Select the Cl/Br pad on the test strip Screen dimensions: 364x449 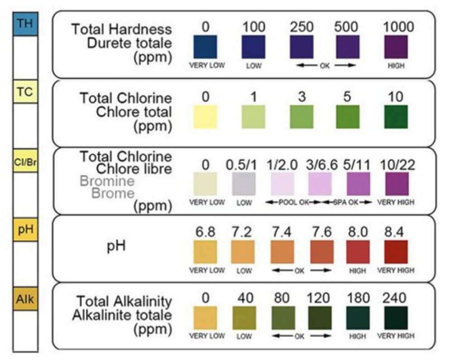click(25, 161)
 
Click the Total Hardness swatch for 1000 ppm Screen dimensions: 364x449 click(396, 47)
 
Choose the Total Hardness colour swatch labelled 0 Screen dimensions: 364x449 click(205, 47)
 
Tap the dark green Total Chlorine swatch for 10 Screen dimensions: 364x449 click(396, 116)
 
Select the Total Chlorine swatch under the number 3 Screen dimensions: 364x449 click(301, 116)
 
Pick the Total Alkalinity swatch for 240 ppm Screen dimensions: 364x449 click(396, 318)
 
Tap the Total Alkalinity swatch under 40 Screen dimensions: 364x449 click(244, 318)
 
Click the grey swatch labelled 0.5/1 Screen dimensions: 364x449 click(244, 184)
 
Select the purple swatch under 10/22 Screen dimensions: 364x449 click(396, 184)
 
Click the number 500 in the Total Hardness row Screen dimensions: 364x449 click(346, 27)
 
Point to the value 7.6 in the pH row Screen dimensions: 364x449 click(321, 232)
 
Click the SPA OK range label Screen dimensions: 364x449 click(346, 202)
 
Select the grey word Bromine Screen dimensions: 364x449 click(107, 181)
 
